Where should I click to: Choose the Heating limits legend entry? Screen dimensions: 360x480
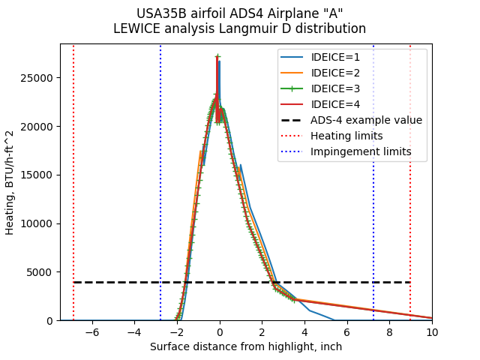tap(346, 136)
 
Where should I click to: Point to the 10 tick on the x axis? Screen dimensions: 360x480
tap(432, 331)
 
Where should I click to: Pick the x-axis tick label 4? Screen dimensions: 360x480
tap(304, 331)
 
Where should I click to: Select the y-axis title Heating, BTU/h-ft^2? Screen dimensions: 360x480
tap(10, 182)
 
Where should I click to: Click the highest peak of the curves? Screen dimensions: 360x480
tap(217, 55)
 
